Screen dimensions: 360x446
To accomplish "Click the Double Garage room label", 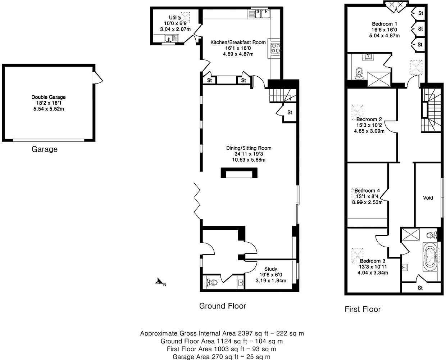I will (49, 97).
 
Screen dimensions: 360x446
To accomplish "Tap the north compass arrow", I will (159, 282).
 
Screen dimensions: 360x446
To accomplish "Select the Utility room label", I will (176, 18).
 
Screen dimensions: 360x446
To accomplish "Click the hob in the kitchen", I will (275, 48).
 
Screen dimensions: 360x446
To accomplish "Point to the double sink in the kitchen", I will (261, 14).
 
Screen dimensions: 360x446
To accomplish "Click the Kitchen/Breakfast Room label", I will (238, 42).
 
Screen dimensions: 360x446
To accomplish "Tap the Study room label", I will (270, 269).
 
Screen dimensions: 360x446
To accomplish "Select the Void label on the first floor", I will (428, 198).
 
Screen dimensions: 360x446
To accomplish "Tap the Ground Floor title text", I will (223, 306).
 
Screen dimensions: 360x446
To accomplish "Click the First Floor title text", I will (363, 309).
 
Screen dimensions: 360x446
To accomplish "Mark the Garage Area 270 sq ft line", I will (222, 357).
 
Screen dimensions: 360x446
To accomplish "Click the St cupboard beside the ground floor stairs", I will (290, 112).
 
